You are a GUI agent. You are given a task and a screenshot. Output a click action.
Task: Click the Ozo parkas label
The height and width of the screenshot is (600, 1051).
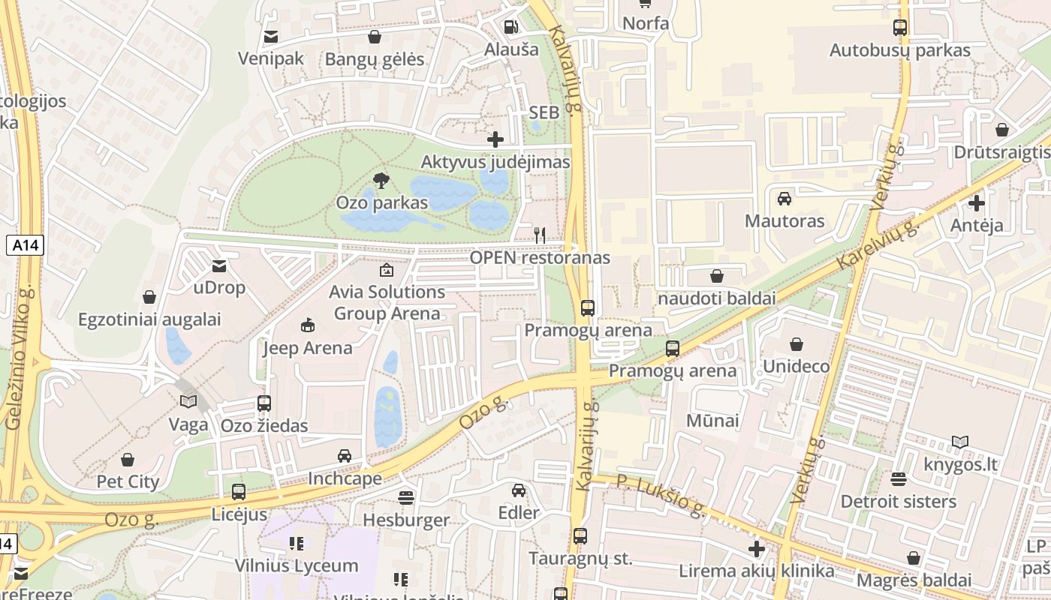pos(381,202)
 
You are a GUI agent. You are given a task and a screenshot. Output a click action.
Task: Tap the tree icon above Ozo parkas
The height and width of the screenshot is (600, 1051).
pos(381,180)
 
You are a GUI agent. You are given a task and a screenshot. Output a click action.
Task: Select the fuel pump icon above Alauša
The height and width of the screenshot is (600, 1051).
pos(511,27)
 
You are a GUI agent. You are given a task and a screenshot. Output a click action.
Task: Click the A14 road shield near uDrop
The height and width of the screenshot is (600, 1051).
pos(26,244)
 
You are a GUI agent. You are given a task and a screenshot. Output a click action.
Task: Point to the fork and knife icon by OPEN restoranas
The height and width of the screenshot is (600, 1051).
pos(540,235)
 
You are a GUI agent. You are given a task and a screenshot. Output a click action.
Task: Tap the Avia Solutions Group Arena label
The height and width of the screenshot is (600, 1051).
pos(387,302)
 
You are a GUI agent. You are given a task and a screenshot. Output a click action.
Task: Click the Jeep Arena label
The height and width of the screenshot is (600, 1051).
pos(307,348)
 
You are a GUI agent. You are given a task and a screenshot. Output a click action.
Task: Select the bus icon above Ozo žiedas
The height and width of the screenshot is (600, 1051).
pos(264,403)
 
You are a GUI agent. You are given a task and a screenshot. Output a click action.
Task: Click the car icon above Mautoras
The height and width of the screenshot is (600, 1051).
pos(784,199)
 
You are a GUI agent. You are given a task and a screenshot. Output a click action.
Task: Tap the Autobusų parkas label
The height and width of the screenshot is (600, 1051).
pos(899,50)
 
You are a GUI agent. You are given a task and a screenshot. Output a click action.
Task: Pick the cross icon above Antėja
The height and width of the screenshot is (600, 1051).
pos(977,202)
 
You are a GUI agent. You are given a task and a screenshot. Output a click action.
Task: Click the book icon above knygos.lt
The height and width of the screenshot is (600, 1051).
pos(960,442)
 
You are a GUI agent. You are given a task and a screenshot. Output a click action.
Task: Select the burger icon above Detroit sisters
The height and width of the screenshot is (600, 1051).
pos(899,478)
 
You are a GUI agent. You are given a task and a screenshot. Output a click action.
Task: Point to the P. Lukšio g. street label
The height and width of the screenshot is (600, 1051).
pos(661,496)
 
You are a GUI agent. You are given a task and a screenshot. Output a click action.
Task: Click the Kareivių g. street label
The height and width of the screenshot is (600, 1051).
pos(878,244)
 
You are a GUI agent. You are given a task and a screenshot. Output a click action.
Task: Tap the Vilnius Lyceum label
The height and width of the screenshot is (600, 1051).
pos(297,565)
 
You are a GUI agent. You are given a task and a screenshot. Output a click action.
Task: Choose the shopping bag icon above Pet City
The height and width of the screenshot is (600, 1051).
pos(128,459)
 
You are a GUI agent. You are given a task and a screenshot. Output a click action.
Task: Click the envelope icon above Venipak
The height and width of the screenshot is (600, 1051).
pos(271,36)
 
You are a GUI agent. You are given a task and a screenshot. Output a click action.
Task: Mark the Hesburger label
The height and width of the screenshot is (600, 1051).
pos(406,520)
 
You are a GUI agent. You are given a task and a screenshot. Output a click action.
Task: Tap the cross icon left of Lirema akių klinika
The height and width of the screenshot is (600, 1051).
pos(757,549)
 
